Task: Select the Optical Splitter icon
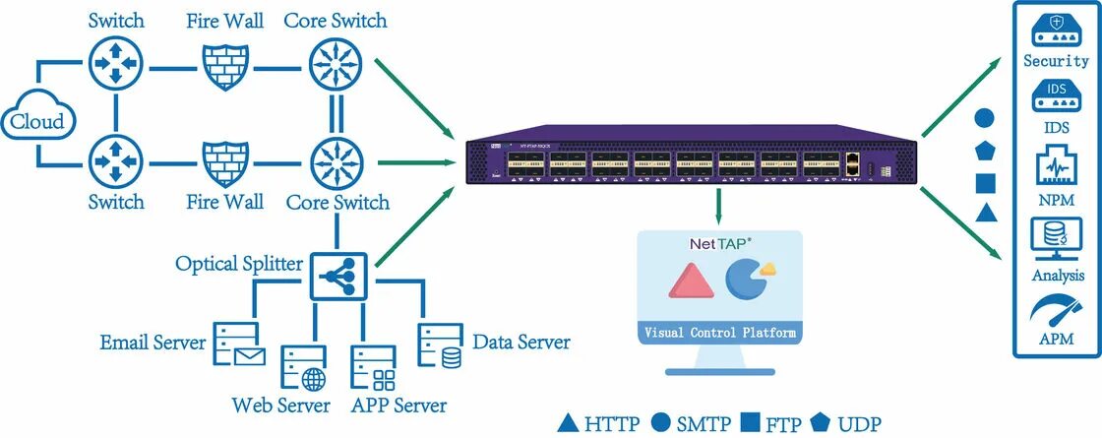pyautogui.click(x=338, y=277)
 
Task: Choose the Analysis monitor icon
pyautogui.click(x=1056, y=239)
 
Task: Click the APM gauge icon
pyautogui.click(x=1056, y=310)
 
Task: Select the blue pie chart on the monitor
pyautogui.click(x=745, y=279)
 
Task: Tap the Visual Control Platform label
pyautogui.click(x=719, y=333)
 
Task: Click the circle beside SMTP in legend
pyautogui.click(x=661, y=424)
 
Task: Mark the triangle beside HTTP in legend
pyautogui.click(x=568, y=424)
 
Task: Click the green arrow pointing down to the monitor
pyautogui.click(x=719, y=207)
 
